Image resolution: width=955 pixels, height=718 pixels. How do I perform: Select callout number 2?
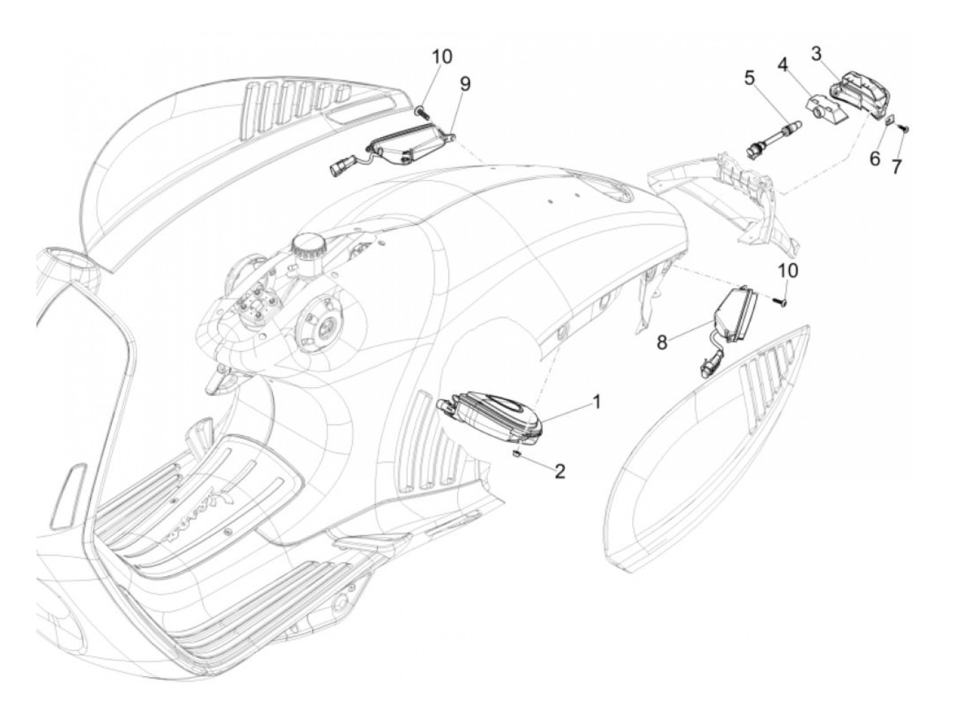click(559, 471)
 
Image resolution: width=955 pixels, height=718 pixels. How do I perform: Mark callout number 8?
click(662, 342)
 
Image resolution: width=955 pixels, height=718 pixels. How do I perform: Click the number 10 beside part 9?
click(441, 56)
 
